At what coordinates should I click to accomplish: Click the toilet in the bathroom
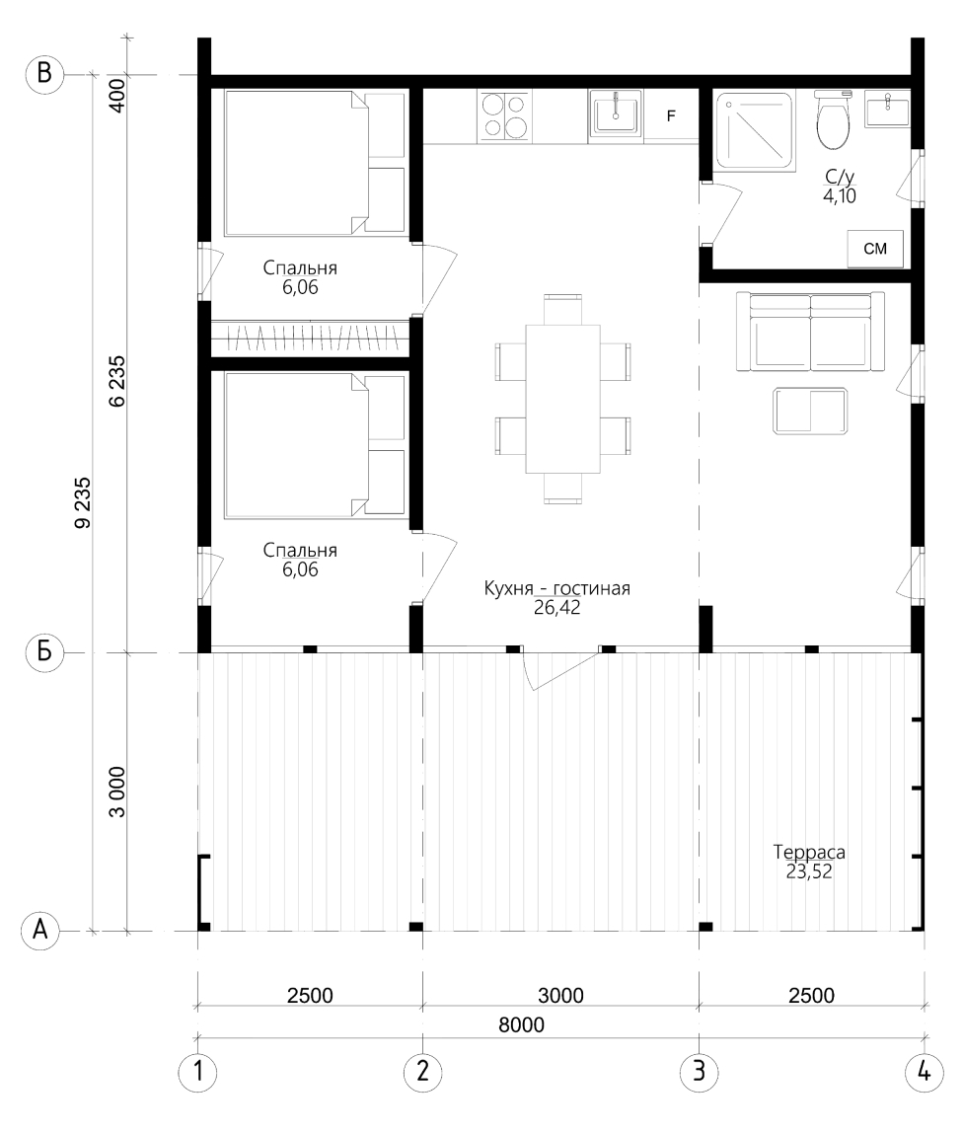[833, 120]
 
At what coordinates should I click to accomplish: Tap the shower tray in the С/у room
[755, 131]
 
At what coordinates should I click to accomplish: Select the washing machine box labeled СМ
[875, 249]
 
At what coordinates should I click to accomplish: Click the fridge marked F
[671, 115]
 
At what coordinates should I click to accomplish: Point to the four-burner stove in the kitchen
[504, 115]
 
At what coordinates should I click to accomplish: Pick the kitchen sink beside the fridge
[616, 113]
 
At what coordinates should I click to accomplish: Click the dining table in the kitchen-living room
[562, 398]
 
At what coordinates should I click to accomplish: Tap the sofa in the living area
[811, 331]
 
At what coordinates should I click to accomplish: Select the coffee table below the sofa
[810, 412]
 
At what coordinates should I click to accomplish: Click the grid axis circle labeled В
[44, 74]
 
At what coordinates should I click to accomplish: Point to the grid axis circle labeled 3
[699, 1071]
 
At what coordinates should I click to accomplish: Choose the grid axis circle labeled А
[40, 930]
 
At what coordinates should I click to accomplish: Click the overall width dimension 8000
[521, 1024]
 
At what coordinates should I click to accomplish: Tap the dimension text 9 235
[83, 502]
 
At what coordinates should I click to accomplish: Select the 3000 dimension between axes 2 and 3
[560, 996]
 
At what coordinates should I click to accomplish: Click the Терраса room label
[809, 852]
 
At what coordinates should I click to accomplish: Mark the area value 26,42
[557, 608]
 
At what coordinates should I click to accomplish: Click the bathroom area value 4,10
[840, 195]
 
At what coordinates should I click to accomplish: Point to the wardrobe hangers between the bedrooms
[311, 339]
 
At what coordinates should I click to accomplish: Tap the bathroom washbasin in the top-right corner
[887, 110]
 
